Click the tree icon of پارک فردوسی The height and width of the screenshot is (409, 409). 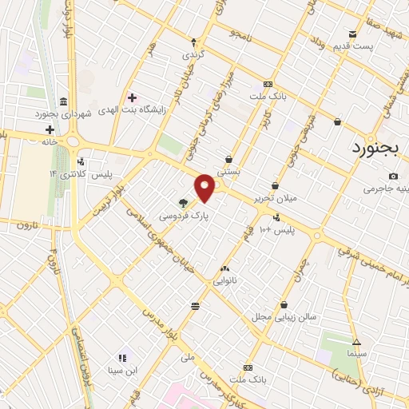pos(184,203)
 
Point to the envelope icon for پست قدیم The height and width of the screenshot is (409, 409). pos(352,34)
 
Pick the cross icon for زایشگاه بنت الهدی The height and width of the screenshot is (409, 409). pos(133,97)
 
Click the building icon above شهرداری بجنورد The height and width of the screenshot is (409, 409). pos(63,101)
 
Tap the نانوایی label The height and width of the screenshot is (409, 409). pos(224,281)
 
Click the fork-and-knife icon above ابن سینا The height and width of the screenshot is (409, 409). pos(122,358)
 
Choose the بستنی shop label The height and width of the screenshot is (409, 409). pos(229,171)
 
